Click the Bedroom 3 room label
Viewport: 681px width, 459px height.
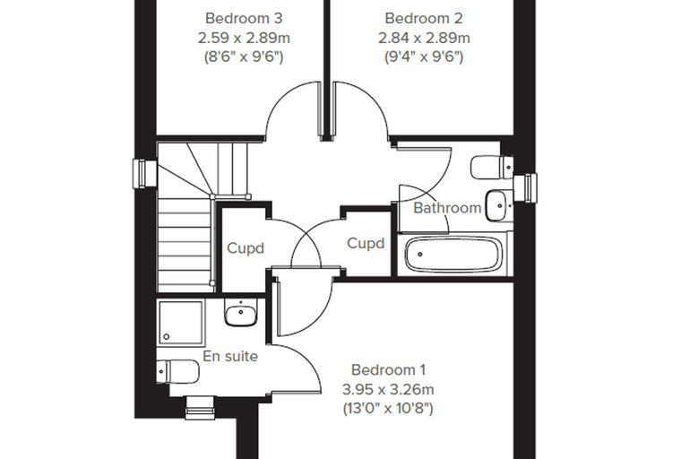click(244, 18)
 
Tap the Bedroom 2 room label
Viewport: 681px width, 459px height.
click(424, 18)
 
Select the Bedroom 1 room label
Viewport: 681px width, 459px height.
click(388, 370)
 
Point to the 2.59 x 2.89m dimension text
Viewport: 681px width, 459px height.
click(244, 38)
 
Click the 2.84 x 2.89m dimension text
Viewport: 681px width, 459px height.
click(424, 38)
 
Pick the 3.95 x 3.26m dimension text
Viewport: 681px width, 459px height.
click(388, 389)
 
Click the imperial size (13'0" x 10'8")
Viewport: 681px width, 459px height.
click(388, 409)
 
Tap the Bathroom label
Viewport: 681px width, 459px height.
click(447, 208)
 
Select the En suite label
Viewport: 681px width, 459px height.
click(230, 357)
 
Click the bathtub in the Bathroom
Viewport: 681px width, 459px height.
click(454, 255)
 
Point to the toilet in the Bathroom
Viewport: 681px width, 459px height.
click(492, 168)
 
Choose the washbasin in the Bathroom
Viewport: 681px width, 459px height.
click(498, 205)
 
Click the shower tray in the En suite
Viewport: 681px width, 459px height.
click(181, 323)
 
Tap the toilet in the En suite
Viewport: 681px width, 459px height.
click(177, 372)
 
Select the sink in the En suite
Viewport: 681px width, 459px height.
click(241, 313)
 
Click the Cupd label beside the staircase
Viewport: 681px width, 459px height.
click(246, 248)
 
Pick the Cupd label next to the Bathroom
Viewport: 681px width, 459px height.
click(366, 244)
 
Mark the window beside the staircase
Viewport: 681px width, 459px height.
click(144, 174)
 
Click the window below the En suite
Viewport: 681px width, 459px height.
click(200, 408)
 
